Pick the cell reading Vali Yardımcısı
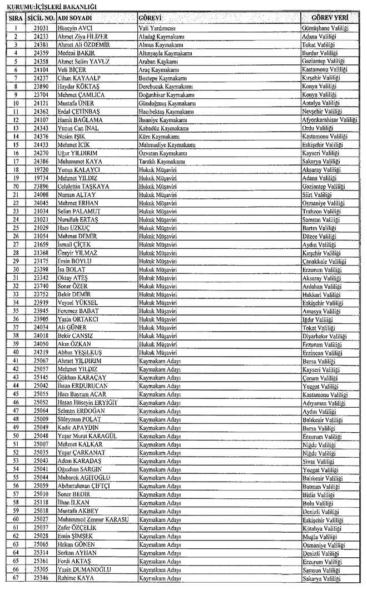[x=161, y=27]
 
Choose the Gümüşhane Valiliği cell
[x=331, y=27]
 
